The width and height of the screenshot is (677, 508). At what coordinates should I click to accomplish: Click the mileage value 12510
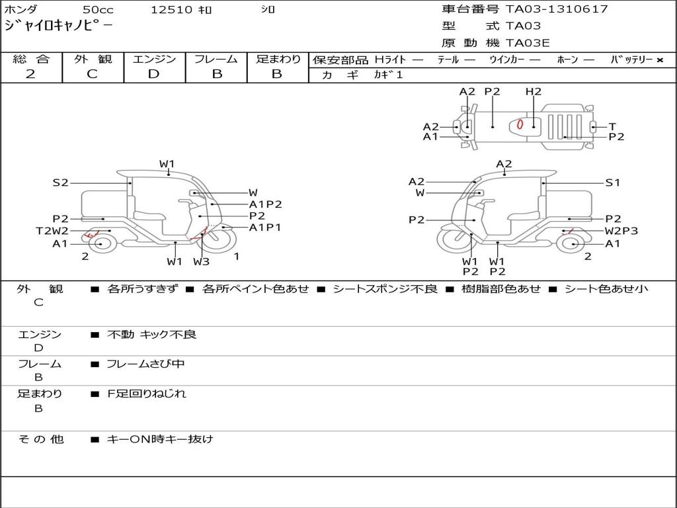coord(171,10)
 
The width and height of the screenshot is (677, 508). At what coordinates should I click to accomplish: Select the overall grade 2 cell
coord(30,74)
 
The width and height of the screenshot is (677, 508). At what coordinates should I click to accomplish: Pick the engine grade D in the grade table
coord(154,74)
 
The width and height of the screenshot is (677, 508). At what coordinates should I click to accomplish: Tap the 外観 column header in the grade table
coord(93,60)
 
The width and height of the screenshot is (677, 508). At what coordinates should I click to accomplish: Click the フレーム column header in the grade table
coord(216,60)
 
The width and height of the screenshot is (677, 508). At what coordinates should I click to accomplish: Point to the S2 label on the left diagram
coord(61,183)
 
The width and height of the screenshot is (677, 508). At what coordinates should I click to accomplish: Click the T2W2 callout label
coord(52,231)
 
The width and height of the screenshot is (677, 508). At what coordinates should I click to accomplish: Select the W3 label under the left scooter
coord(202,261)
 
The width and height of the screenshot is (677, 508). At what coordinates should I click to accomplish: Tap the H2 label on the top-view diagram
coord(534,92)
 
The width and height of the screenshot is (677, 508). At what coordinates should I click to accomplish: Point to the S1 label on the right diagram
coord(613,183)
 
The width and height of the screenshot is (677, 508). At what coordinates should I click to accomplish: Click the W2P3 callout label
coord(621,232)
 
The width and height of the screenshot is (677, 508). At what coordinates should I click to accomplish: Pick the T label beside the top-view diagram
coord(612,126)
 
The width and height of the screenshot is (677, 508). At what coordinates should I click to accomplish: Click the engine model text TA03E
coord(528,44)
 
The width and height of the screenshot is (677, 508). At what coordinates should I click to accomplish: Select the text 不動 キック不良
coord(151,335)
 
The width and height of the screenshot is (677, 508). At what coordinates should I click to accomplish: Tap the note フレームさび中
coord(146,364)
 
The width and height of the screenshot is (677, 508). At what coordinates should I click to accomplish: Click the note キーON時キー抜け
coord(160,439)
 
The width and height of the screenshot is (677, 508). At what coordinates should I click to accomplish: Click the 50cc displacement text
coord(98,10)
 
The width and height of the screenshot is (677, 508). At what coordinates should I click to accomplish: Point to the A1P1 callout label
coord(265,228)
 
